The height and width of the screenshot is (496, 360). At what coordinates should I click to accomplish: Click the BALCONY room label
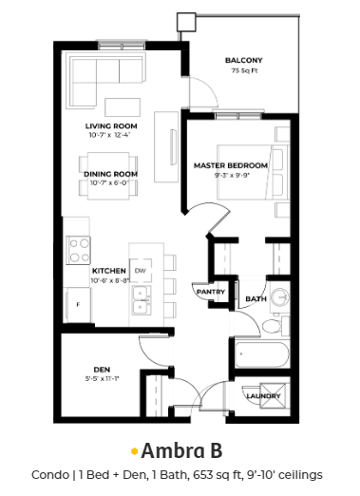[244, 60]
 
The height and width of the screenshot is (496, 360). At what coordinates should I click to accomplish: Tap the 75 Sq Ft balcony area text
[244, 70]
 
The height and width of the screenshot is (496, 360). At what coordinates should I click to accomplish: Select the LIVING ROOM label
[111, 126]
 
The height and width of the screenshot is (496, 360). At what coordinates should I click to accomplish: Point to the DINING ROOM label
[110, 174]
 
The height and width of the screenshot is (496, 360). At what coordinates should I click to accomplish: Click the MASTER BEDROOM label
[231, 165]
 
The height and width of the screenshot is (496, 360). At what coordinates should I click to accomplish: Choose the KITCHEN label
[109, 271]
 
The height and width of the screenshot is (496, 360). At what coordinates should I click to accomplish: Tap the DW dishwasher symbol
[141, 271]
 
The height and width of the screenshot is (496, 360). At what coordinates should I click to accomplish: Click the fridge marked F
[78, 305]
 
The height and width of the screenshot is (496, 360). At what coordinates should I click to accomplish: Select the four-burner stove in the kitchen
[78, 250]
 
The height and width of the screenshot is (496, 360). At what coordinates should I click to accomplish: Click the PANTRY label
[211, 292]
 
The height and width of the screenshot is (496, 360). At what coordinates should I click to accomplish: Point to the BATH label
[256, 298]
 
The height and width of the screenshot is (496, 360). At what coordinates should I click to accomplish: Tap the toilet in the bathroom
[275, 326]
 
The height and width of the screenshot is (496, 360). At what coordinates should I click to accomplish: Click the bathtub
[262, 354]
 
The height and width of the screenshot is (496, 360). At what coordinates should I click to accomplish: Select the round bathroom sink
[280, 297]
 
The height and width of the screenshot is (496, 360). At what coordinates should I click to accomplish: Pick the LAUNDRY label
[263, 396]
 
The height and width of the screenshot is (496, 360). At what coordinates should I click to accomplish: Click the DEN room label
[102, 370]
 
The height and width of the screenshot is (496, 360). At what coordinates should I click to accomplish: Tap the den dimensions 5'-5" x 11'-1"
[102, 378]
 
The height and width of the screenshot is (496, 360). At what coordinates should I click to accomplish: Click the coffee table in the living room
[123, 107]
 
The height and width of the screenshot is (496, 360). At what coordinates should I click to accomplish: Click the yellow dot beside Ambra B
[135, 451]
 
